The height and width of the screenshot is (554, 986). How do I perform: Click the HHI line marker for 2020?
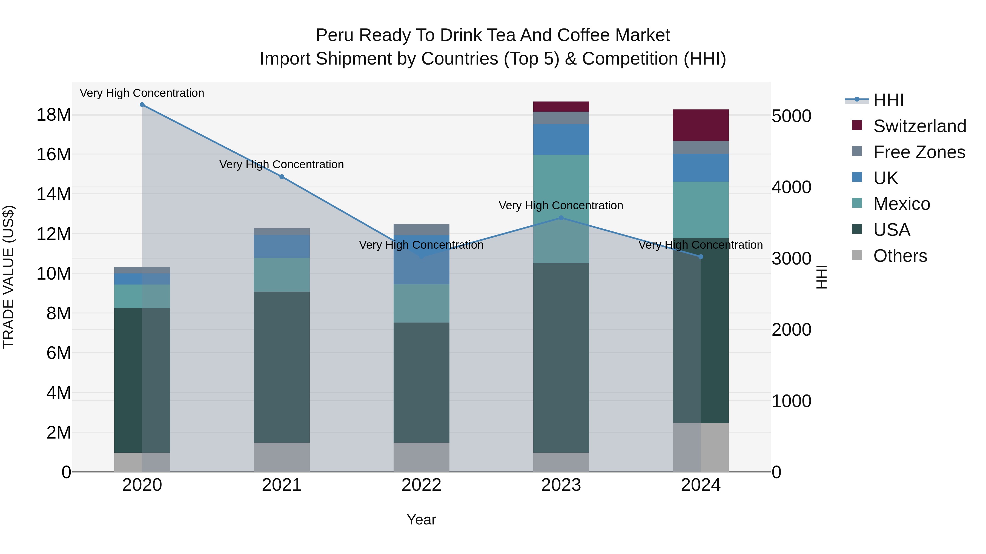coord(142,105)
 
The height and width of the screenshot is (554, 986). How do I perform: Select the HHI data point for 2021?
coord(282,177)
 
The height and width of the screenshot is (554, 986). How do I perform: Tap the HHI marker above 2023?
coord(561,218)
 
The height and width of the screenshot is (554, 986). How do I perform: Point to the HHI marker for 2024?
coord(701,257)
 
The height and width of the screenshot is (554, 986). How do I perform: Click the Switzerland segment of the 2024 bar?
coord(701,125)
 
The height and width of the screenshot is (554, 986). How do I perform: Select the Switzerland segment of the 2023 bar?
coord(561,107)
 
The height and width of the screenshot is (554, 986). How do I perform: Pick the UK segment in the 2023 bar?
coord(561,140)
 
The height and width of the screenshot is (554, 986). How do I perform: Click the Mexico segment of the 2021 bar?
coord(282,274)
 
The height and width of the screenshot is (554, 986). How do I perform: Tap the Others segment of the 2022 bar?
coord(422,457)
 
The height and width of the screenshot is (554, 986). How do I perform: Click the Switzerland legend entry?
coord(919,126)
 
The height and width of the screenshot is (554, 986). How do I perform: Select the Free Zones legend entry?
coord(919,152)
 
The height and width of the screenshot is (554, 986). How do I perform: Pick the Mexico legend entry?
coord(901,204)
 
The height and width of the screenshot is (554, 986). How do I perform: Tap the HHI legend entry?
coord(888,100)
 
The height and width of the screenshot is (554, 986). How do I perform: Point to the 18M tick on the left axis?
coord(54,115)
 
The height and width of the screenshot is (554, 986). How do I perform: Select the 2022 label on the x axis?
coord(422,485)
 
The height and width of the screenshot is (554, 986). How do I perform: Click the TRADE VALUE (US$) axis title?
coord(8,277)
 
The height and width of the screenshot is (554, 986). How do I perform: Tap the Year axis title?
coord(422,520)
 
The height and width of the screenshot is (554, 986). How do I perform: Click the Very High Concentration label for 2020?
coord(142,93)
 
